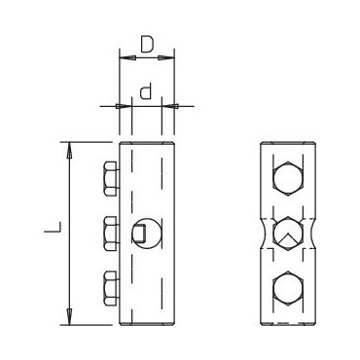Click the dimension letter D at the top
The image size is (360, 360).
point(147,45)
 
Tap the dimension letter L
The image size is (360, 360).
point(53,227)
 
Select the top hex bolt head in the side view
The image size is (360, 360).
point(111,179)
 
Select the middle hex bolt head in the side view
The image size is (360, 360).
point(111,234)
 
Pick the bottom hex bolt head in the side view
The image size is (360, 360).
point(111,289)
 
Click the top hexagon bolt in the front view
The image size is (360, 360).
point(288,179)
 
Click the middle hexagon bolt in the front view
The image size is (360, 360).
point(288,234)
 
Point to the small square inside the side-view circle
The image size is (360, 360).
point(139,234)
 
